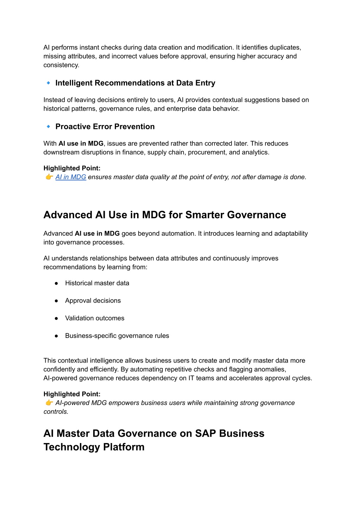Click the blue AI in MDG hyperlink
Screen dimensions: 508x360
pyautogui.click(x=71, y=177)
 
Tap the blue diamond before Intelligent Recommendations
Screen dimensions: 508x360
pyautogui.click(x=49, y=83)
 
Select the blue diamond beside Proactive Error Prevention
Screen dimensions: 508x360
pyautogui.click(x=49, y=126)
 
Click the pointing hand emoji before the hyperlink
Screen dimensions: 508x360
pyautogui.click(x=49, y=177)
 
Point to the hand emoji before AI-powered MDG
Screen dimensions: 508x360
pyautogui.click(x=49, y=403)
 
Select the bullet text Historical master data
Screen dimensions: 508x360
pyautogui.click(x=97, y=283)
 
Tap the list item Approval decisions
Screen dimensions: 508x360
pyautogui.click(x=93, y=301)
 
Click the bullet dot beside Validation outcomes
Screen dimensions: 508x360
pyautogui.click(x=56, y=318)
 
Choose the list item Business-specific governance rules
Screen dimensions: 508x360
pyautogui.click(x=117, y=336)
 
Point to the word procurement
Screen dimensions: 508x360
pyautogui.click(x=206, y=152)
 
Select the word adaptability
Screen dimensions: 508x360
pyautogui.click(x=288, y=234)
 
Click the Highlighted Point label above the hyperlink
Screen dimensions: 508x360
pyautogui.click(x=72, y=168)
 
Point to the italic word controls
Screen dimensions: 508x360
pyautogui.click(x=56, y=412)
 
